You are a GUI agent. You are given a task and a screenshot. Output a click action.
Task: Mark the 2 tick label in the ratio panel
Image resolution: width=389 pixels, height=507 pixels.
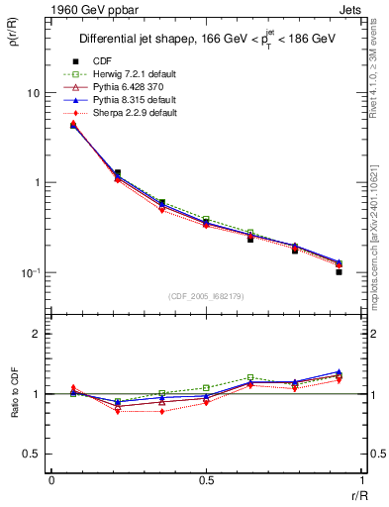(x=38, y=335)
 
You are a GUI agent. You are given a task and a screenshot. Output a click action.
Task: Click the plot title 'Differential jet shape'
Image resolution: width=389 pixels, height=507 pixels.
(x=139, y=41)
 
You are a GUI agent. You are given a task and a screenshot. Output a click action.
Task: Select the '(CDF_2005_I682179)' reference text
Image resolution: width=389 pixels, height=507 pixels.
(x=205, y=296)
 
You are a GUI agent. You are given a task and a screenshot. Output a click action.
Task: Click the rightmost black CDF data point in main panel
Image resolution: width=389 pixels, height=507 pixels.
(x=339, y=271)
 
